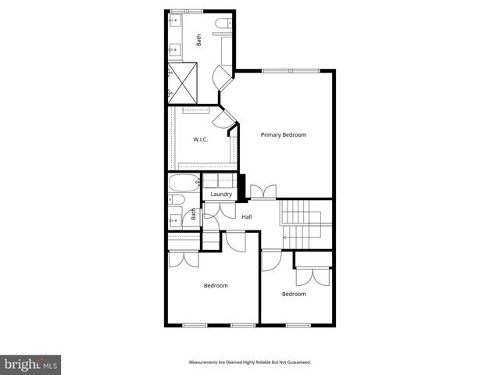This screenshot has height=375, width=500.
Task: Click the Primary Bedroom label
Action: pyautogui.click(x=284, y=135)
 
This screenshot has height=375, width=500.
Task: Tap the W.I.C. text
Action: pyautogui.click(x=200, y=140)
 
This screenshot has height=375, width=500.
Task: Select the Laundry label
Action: pyautogui.click(x=221, y=194)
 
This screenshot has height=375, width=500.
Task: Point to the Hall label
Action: pyautogui.click(x=246, y=216)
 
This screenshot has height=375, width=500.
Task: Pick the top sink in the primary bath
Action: pyautogui.click(x=173, y=21)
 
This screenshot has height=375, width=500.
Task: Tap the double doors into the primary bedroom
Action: pyautogui.click(x=263, y=191)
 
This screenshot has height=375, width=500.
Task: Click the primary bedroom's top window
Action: pyautogui.click(x=291, y=71)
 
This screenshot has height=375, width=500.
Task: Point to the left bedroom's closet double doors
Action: pyautogui.click(x=183, y=259)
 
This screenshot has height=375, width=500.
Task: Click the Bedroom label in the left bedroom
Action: pyautogui.click(x=216, y=286)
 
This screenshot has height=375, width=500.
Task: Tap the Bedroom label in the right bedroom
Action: pyautogui.click(x=294, y=294)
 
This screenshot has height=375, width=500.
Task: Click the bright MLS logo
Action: pyautogui.click(x=31, y=364)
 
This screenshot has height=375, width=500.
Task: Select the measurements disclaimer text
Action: pyautogui.click(x=250, y=362)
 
